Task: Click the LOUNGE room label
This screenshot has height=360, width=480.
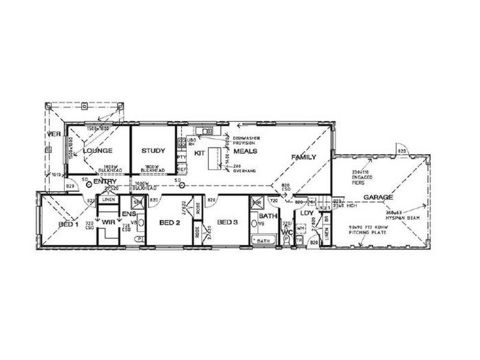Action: (94, 151)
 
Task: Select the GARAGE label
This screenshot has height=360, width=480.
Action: (378, 197)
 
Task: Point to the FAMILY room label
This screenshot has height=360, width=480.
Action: (304, 157)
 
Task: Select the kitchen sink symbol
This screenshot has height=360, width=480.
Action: (206, 131)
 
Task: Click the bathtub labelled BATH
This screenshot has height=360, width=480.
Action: (263, 240)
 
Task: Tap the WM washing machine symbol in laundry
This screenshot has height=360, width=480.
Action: (301, 229)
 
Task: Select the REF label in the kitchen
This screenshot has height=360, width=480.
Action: (181, 170)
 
